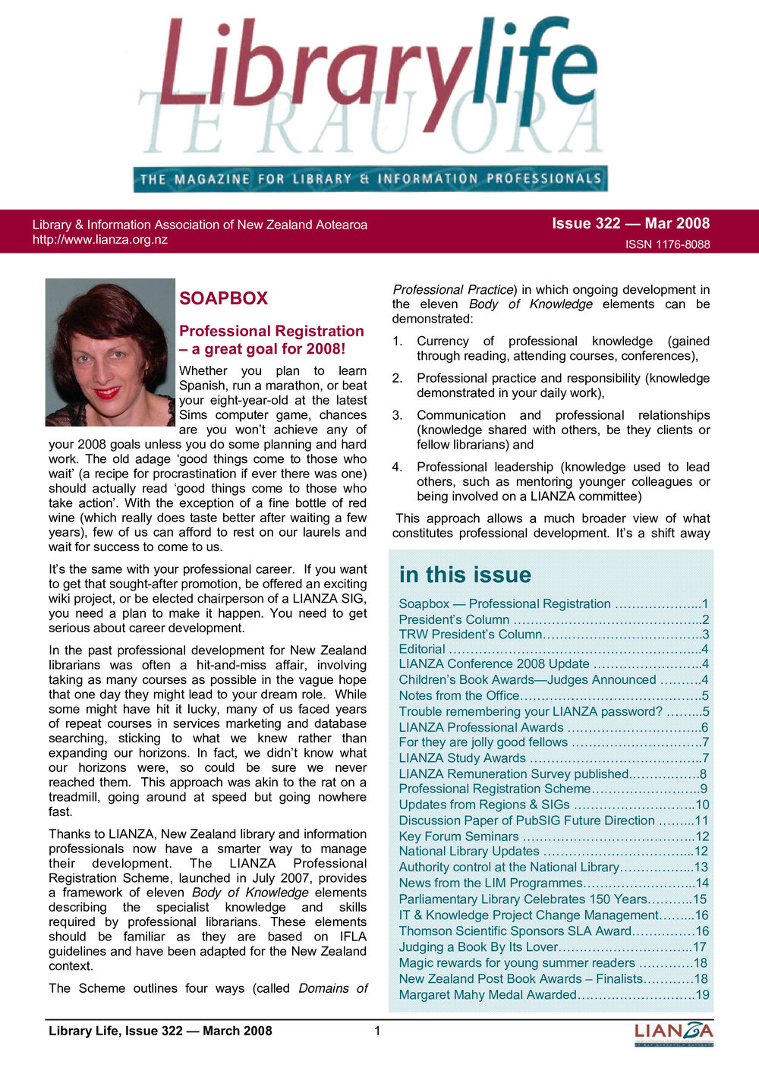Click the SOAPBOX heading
click(223, 298)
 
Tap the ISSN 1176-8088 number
click(667, 244)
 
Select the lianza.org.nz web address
click(99, 240)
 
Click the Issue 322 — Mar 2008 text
click(630, 223)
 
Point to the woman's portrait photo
click(110, 352)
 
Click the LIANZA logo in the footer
click(673, 1033)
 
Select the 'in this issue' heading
click(465, 575)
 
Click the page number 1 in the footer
click(377, 1031)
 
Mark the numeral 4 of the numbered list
click(396, 467)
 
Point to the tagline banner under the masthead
click(370, 179)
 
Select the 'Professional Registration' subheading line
click(271, 331)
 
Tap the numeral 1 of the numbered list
click(396, 342)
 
